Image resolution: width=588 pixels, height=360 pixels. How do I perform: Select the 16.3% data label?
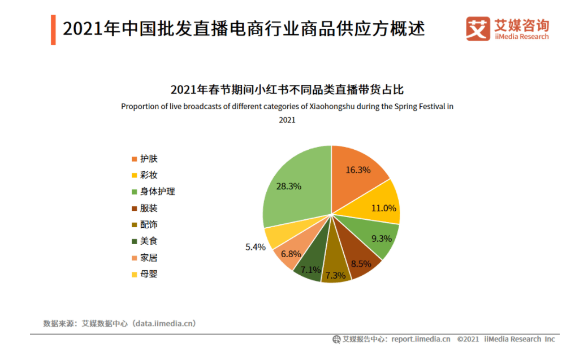(358, 170)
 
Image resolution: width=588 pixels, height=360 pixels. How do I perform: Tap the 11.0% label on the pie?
(384, 208)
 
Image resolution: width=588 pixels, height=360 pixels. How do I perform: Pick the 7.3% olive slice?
(336, 276)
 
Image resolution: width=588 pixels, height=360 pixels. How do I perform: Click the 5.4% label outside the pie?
(254, 247)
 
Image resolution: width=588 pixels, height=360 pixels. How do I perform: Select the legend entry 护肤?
(149, 159)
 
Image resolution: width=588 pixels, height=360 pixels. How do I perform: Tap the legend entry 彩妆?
(149, 175)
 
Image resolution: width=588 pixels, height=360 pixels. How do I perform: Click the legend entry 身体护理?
(157, 192)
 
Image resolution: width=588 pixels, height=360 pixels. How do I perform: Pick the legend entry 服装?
(149, 208)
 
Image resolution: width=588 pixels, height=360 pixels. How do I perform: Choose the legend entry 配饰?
(149, 224)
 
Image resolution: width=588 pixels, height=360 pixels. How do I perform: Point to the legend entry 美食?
(149, 241)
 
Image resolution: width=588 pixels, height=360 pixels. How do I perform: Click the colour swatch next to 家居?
(134, 258)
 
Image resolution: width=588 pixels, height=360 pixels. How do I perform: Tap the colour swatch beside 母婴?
(134, 275)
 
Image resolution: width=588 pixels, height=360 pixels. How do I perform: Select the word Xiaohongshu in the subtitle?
(331, 106)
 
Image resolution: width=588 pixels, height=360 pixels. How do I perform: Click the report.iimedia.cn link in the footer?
(421, 339)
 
